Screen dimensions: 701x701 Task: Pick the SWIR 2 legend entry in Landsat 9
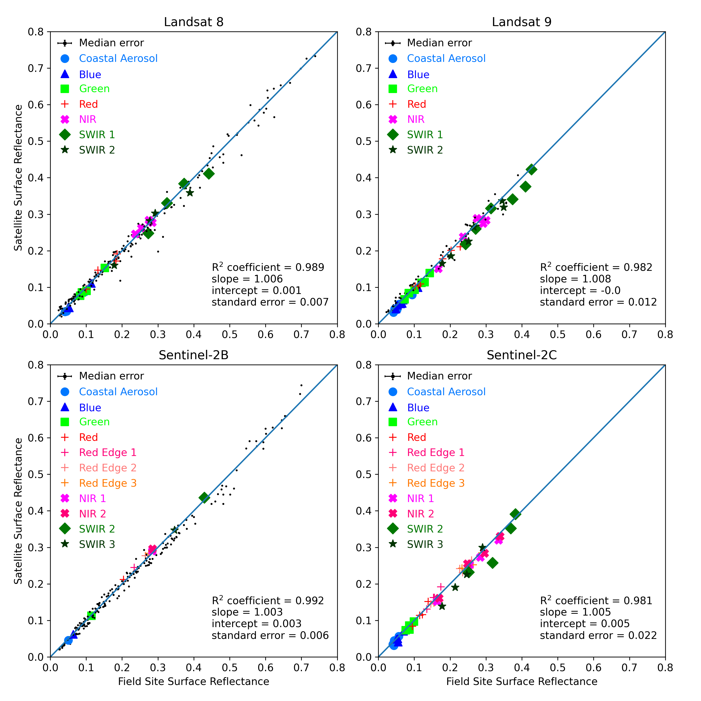[425, 150]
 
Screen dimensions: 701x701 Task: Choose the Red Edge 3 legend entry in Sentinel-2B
[107, 483]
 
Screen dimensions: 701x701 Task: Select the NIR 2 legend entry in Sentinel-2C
[420, 513]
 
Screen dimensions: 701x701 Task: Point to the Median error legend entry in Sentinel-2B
[111, 376]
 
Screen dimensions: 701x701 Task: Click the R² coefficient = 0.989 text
[268, 267]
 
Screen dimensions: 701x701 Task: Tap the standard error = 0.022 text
[598, 635]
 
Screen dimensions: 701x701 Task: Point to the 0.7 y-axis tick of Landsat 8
[36, 68]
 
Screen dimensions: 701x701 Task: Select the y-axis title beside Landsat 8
[18, 178]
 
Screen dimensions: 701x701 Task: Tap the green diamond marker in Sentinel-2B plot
[204, 497]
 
